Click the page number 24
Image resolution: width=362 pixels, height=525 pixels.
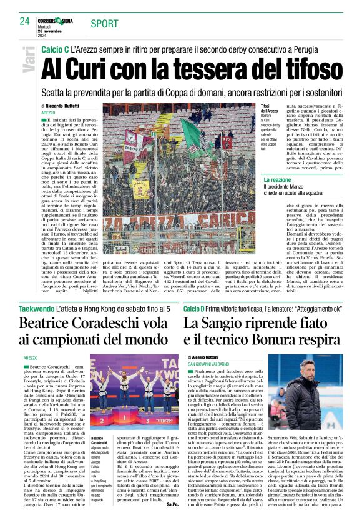click(25, 21)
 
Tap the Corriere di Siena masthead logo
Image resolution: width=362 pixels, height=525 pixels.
click(62, 21)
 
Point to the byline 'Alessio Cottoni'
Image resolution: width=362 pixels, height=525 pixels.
click(209, 357)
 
